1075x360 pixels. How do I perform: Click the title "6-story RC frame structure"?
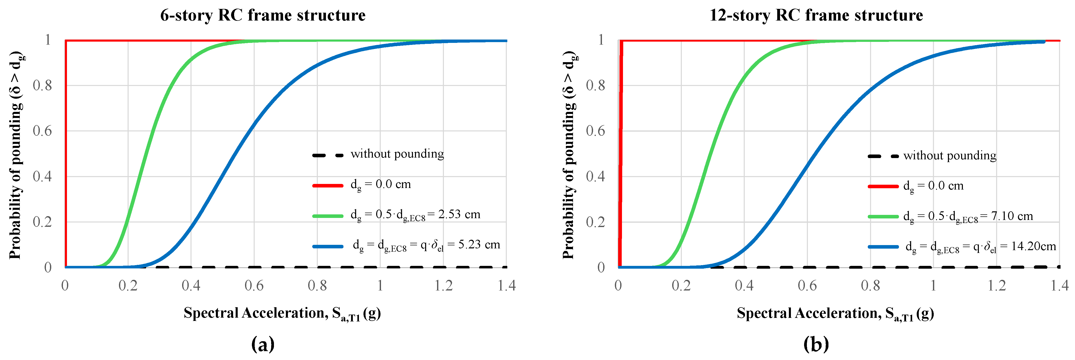(263, 15)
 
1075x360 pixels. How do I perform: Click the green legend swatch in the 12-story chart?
(883, 216)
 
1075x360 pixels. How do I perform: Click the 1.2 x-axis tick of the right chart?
(997, 286)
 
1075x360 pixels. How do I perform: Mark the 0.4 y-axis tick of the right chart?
(596, 177)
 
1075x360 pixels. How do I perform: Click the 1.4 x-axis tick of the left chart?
(507, 286)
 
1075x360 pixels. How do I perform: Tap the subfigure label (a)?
(263, 344)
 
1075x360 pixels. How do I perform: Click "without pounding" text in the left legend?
(397, 154)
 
